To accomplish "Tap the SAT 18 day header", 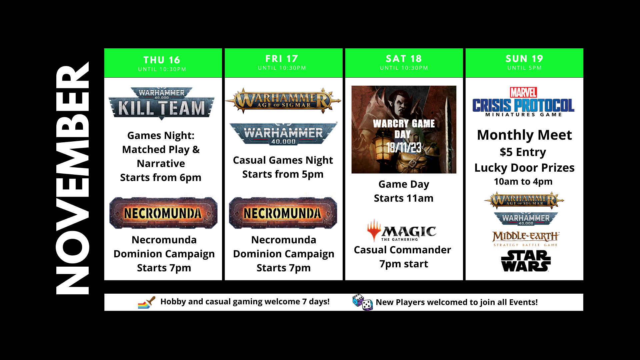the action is coord(404,63).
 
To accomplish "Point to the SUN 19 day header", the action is coord(524,63).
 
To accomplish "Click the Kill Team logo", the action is coord(162,103).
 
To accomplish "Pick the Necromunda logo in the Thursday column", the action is coord(163,213).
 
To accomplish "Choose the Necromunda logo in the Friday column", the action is coord(283,213).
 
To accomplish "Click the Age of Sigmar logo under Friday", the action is coord(283,100).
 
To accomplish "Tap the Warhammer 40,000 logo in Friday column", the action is coord(283,134).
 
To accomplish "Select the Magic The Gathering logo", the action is coord(402,230).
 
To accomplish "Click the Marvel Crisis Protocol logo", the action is coord(523,102).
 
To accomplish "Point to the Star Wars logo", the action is coord(526,261).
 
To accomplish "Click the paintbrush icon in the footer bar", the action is coord(147,302).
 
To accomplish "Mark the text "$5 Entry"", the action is coord(523,152).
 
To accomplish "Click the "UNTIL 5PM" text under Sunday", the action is coord(525,68).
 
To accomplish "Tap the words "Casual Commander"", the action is coord(402,250).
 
